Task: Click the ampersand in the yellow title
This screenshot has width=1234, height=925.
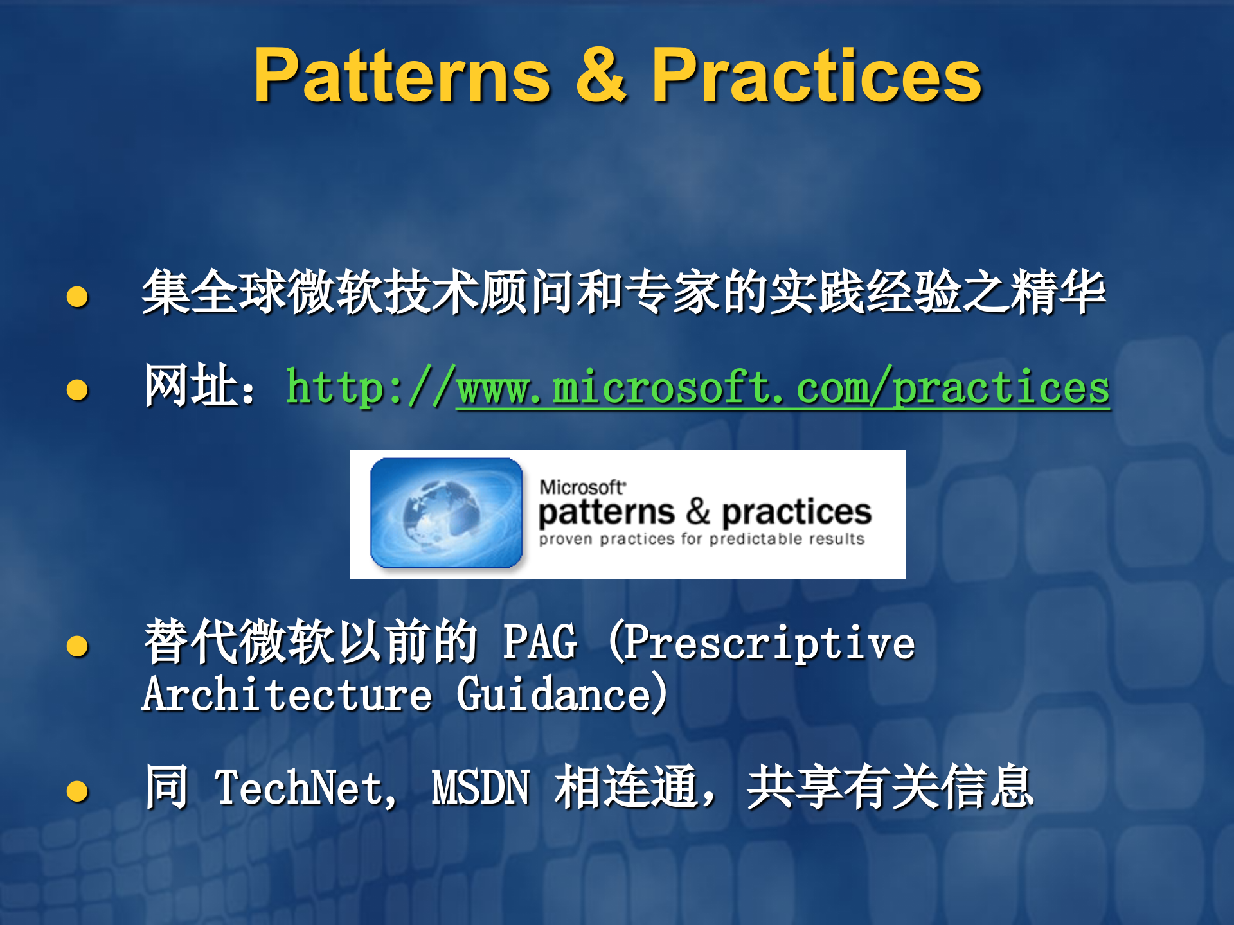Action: (601, 76)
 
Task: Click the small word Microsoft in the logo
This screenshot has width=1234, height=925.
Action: (582, 488)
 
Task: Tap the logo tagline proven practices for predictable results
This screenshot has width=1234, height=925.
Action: (701, 539)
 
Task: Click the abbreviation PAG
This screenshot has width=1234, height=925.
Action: (540, 642)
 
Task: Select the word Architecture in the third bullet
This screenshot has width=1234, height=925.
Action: (287, 695)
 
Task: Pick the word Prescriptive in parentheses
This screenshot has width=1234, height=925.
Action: (769, 642)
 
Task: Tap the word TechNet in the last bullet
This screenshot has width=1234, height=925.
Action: (300, 789)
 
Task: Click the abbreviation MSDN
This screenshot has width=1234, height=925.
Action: (481, 789)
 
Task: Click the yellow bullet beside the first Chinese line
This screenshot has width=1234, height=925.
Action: (77, 296)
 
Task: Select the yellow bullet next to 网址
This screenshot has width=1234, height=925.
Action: (77, 389)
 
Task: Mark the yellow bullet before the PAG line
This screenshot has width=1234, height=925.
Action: (77, 646)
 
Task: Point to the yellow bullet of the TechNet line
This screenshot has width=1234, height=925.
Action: (77, 791)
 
